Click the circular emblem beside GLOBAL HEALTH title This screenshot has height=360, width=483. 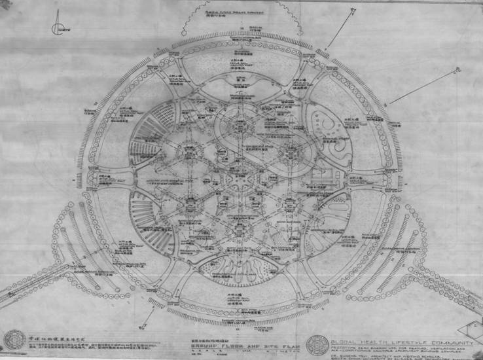pos(317,344)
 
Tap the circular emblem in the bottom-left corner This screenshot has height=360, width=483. pos(14,339)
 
